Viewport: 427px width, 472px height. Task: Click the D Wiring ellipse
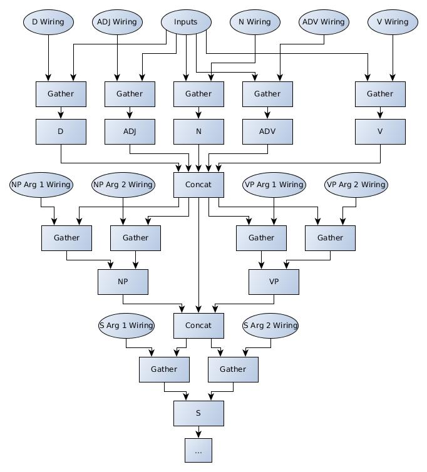(48, 22)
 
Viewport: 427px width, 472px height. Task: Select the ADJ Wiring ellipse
(117, 22)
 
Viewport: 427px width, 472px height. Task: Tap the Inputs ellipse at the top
(186, 22)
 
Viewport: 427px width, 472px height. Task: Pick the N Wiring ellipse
(255, 22)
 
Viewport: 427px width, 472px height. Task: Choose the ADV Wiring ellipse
(324, 22)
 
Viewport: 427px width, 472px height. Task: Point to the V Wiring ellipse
(393, 22)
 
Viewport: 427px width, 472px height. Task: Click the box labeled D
(61, 131)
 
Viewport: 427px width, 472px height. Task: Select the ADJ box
(130, 131)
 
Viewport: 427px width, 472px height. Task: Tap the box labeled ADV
(267, 131)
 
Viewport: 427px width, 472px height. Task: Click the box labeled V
(380, 131)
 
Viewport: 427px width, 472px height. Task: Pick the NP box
(123, 282)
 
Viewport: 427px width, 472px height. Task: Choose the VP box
(274, 282)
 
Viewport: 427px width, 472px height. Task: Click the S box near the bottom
(198, 413)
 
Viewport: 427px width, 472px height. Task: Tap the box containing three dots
(198, 451)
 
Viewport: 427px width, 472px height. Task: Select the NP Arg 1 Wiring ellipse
(41, 185)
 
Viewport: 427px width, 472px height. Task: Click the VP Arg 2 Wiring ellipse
(356, 185)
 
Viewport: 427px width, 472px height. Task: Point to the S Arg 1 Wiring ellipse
(126, 326)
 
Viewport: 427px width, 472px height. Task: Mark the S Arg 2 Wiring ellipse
(270, 326)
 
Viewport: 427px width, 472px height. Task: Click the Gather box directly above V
(380, 94)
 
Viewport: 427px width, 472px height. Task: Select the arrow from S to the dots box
(198, 432)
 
